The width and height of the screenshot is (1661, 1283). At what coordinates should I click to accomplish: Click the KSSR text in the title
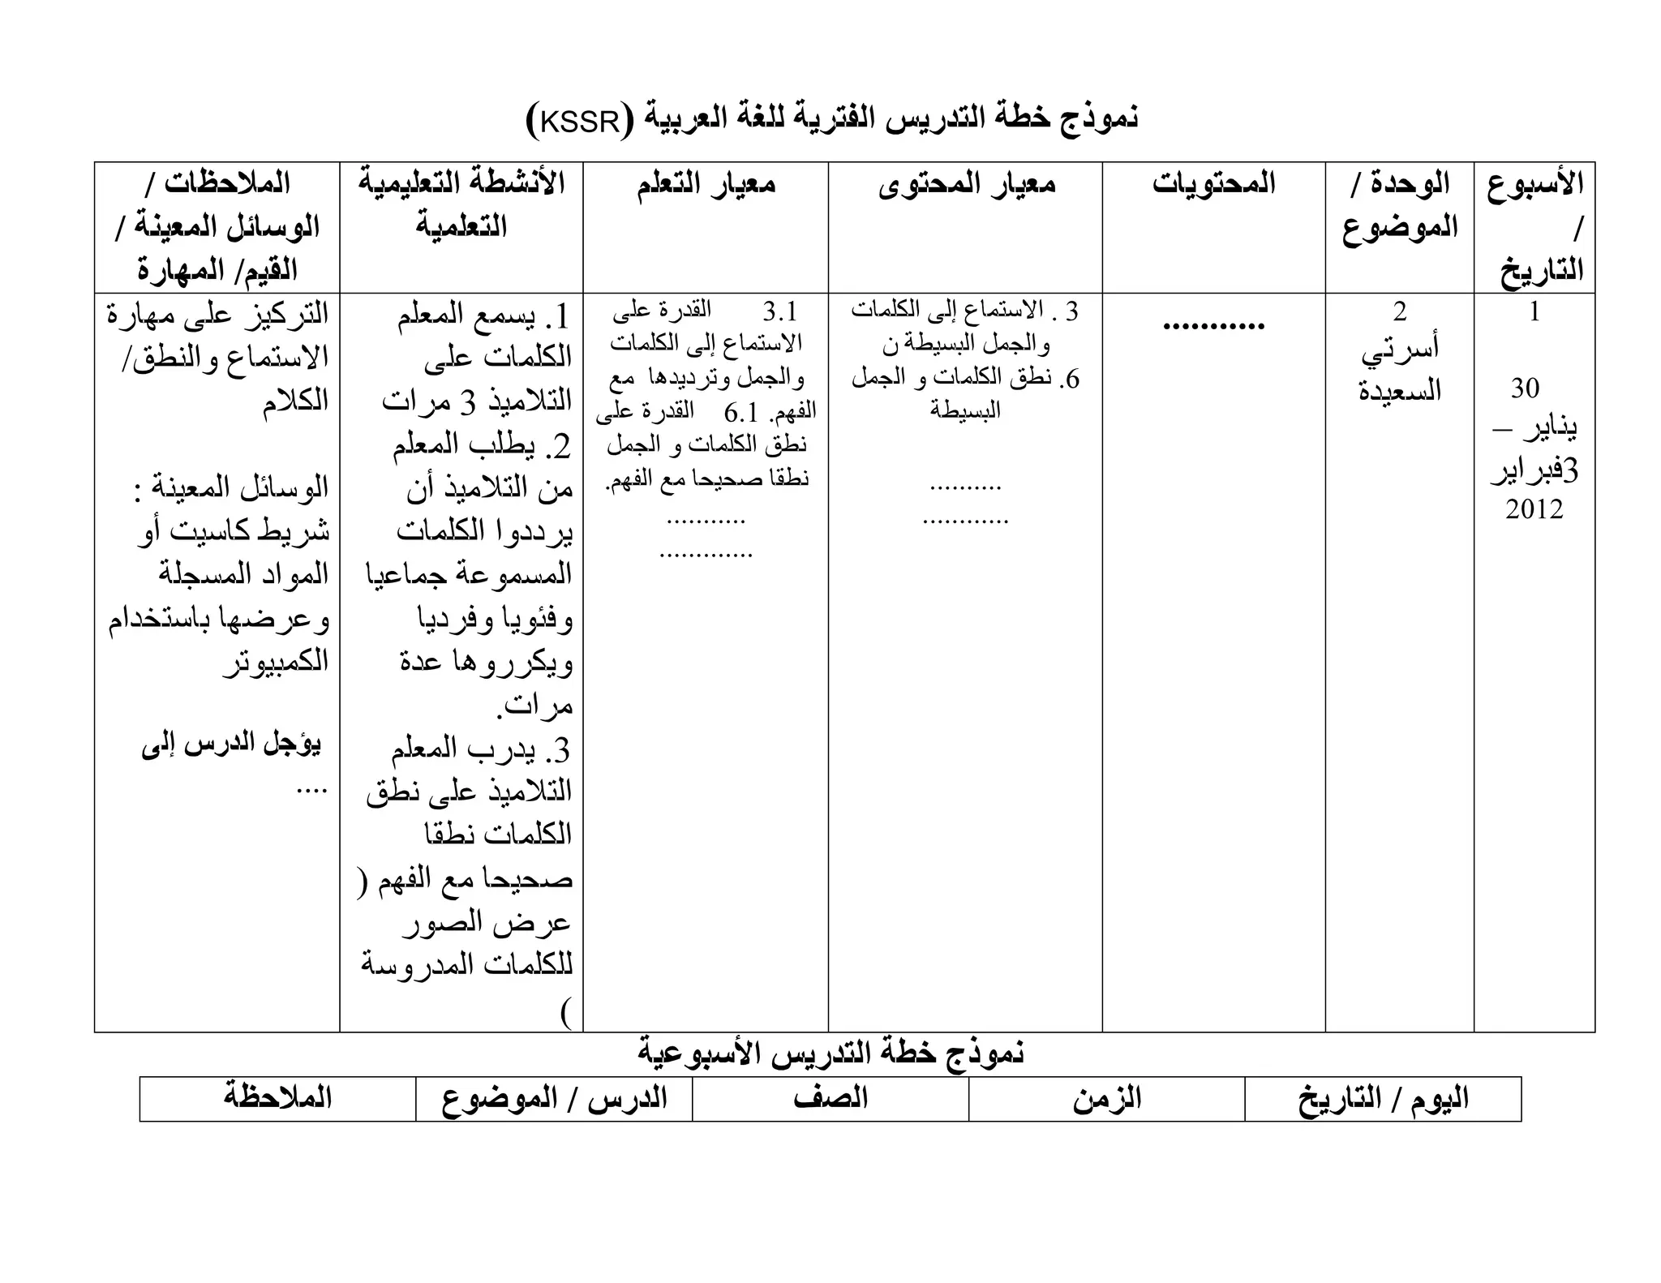tap(579, 121)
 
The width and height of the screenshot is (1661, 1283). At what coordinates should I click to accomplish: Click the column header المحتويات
tap(1213, 183)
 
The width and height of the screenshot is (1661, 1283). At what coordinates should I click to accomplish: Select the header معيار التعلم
tap(706, 183)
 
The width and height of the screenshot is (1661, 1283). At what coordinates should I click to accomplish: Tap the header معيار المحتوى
tap(966, 183)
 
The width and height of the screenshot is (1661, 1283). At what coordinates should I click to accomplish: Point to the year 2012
tap(1534, 509)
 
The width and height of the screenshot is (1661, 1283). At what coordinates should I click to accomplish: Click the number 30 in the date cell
tap(1525, 388)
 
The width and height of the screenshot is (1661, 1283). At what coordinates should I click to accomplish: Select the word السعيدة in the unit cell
tap(1400, 390)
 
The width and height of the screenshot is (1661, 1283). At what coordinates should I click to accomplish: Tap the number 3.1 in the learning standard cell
tap(779, 311)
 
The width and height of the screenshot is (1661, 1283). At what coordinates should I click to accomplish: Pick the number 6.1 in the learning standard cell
tap(740, 413)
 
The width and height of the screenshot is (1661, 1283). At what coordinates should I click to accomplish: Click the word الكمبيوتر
tap(276, 661)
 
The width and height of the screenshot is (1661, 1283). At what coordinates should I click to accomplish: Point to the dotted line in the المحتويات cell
tap(1213, 326)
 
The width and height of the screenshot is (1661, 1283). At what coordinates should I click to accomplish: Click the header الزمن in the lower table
tap(1106, 1099)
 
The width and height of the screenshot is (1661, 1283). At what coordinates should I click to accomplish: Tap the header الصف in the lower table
tap(830, 1099)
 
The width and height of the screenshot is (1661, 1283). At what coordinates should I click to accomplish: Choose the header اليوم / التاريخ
tap(1383, 1099)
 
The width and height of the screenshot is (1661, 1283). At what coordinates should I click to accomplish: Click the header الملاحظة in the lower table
tap(278, 1098)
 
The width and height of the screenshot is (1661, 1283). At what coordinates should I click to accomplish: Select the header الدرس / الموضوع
tap(554, 1099)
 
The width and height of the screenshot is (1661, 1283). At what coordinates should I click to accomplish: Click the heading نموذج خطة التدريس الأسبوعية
tap(830, 1053)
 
